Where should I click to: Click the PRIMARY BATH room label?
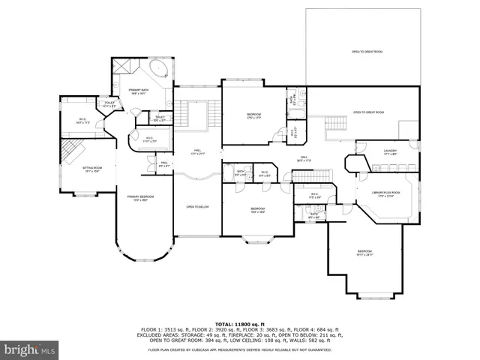(136, 91)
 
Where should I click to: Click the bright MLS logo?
(30, 349)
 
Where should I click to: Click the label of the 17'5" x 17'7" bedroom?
(253, 115)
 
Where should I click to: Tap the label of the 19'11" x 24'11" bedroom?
(364, 253)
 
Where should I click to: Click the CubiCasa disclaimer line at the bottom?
(239, 349)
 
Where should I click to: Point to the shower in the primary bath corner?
(123, 68)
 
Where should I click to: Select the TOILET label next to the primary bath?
(109, 104)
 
